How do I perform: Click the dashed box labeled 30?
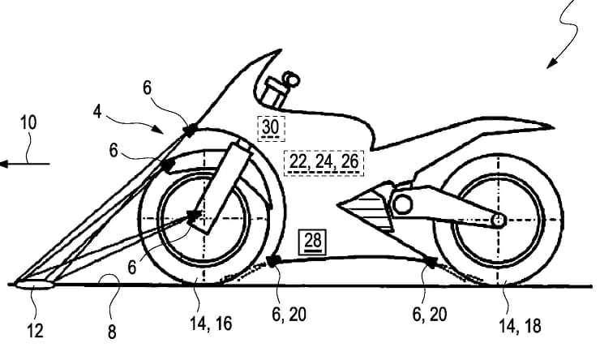[x=271, y=128]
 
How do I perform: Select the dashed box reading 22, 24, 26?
[x=324, y=163]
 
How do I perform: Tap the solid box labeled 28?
[x=313, y=242]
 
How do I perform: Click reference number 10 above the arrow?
[x=28, y=122]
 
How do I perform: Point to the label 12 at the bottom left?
[x=34, y=331]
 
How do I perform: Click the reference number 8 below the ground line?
[x=111, y=332]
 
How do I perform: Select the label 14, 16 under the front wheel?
[x=211, y=324]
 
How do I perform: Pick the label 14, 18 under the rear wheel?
[x=520, y=326]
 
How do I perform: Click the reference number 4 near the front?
[x=97, y=112]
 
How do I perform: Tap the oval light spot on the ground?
[x=34, y=285]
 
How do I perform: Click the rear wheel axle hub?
[x=498, y=221]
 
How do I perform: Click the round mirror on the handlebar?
[x=292, y=79]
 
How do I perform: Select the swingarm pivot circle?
[x=402, y=204]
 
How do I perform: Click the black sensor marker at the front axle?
[x=193, y=216]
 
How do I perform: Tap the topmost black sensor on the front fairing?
[x=190, y=131]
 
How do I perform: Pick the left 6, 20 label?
[x=289, y=314]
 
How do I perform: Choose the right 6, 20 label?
[x=430, y=314]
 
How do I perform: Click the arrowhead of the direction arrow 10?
[x=4, y=164]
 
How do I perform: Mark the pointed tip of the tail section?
[x=553, y=127]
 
